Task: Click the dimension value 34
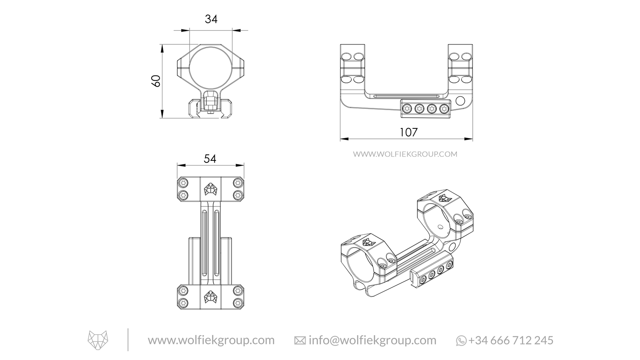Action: pos(211,19)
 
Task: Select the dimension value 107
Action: pos(408,132)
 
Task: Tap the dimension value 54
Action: pos(210,159)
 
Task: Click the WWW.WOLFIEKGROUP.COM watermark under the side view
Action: pos(405,154)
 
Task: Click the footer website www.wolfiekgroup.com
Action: pos(211,340)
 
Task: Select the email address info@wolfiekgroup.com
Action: pos(372,340)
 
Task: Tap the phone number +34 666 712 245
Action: pos(511,340)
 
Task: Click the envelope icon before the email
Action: pos(300,341)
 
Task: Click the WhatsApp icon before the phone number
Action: pos(461,341)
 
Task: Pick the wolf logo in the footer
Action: pos(98,340)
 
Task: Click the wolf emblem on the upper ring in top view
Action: pos(210,189)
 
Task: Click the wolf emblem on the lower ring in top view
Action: pos(210,296)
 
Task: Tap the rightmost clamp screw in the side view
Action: pos(443,108)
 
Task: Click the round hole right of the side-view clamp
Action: pos(460,100)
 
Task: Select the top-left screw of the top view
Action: pos(184,183)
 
